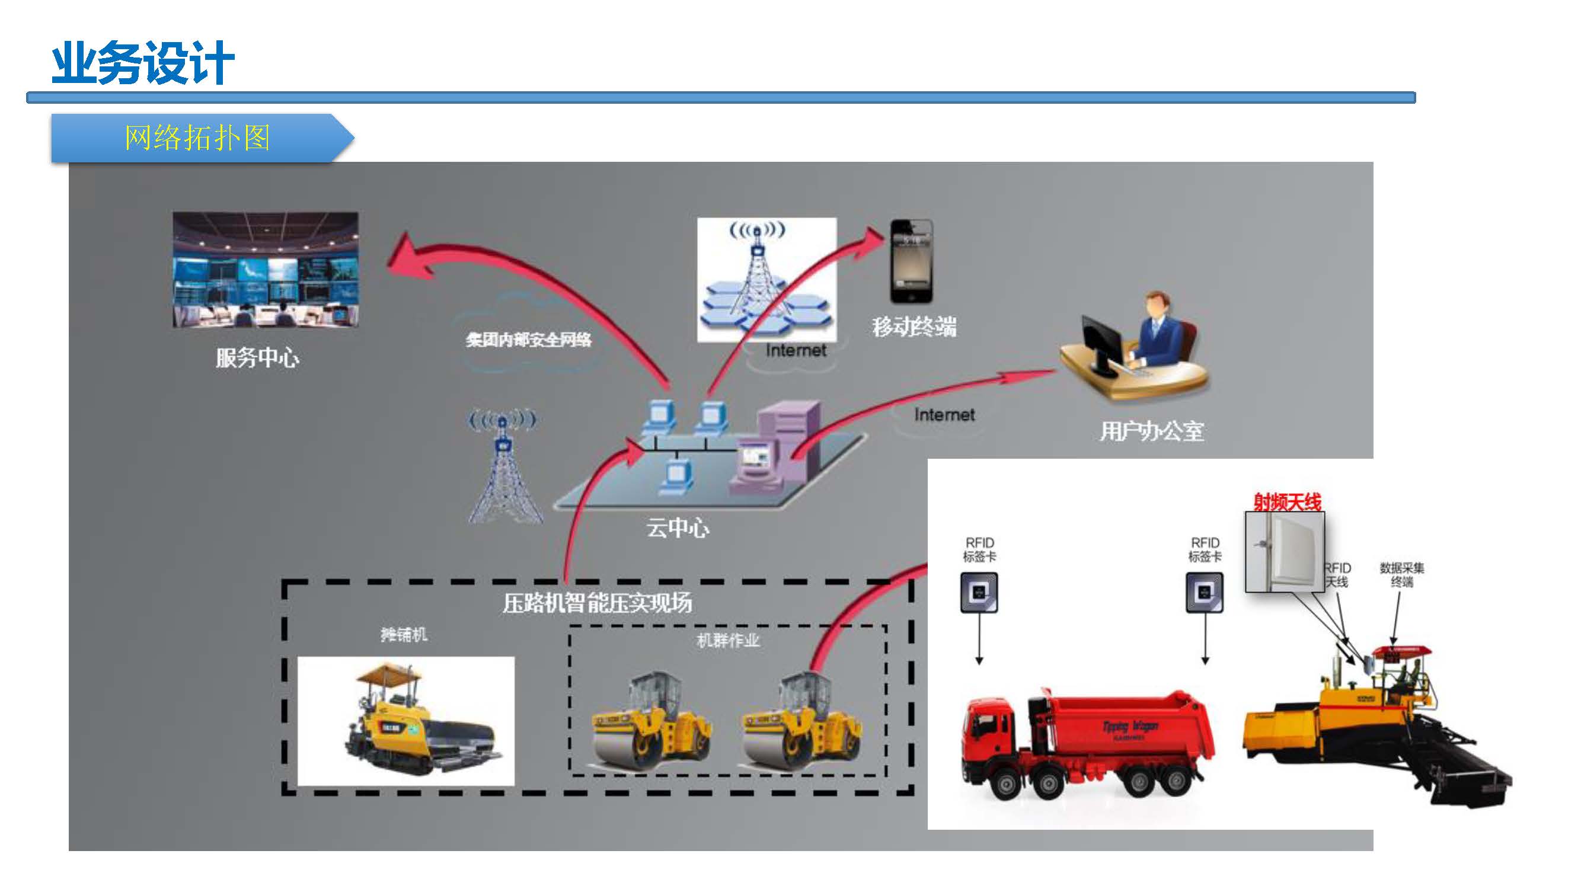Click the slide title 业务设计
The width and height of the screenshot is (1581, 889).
143,63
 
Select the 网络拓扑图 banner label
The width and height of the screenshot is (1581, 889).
197,137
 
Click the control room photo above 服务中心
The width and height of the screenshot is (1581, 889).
265,269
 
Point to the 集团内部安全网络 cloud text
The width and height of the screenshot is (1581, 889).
528,339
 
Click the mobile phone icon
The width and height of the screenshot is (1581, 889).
911,261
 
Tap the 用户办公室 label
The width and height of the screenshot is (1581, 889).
1151,431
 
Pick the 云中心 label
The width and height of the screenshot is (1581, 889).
678,527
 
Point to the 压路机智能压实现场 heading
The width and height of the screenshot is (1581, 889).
596,603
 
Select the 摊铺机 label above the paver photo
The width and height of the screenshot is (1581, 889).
403,634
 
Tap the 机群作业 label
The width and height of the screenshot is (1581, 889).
728,641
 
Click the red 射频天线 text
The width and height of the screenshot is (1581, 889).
1287,503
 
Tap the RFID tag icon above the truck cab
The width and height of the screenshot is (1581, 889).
979,593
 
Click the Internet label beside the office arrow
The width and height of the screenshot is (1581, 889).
944,415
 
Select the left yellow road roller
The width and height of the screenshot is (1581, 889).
650,724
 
